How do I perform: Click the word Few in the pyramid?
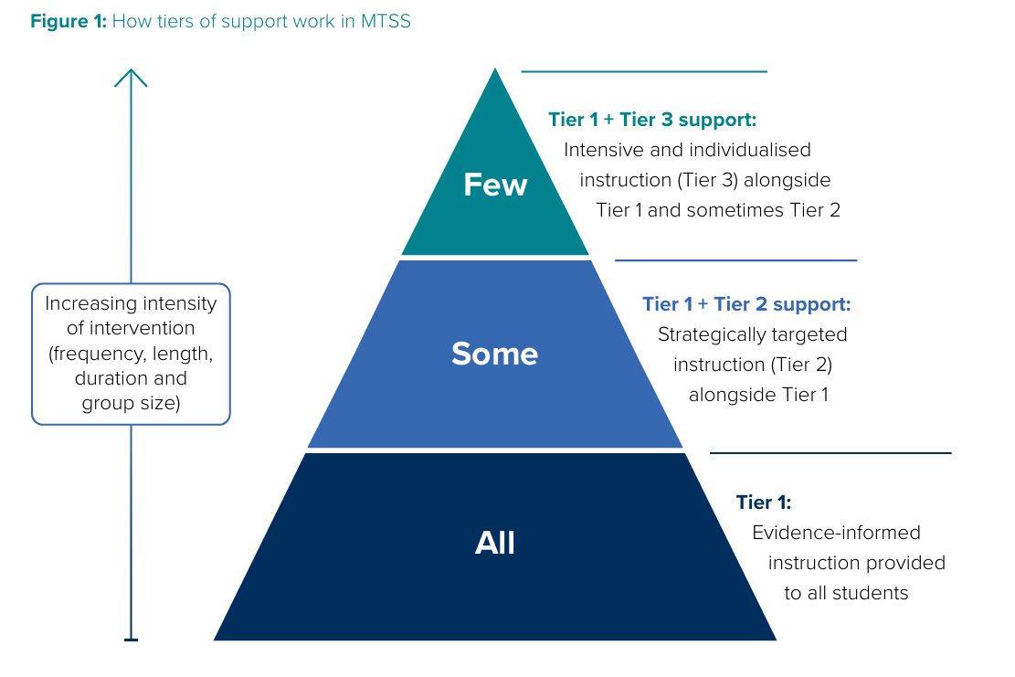tap(495, 185)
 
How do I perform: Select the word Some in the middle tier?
tap(494, 354)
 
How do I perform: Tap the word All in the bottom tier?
tap(495, 544)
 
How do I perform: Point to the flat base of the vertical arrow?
tap(131, 640)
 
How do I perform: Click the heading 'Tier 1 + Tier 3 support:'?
tap(652, 120)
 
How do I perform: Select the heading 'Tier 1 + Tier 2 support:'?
tap(746, 304)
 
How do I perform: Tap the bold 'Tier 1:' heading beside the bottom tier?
tap(764, 502)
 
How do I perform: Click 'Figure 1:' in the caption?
tap(69, 21)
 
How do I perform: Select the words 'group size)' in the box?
tap(131, 403)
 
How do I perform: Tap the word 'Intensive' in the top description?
tap(600, 150)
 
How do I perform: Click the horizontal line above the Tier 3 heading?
tap(644, 71)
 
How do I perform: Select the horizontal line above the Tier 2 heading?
tap(735, 260)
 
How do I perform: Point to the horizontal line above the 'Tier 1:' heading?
tap(830, 452)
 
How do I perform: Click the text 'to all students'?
tap(846, 593)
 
